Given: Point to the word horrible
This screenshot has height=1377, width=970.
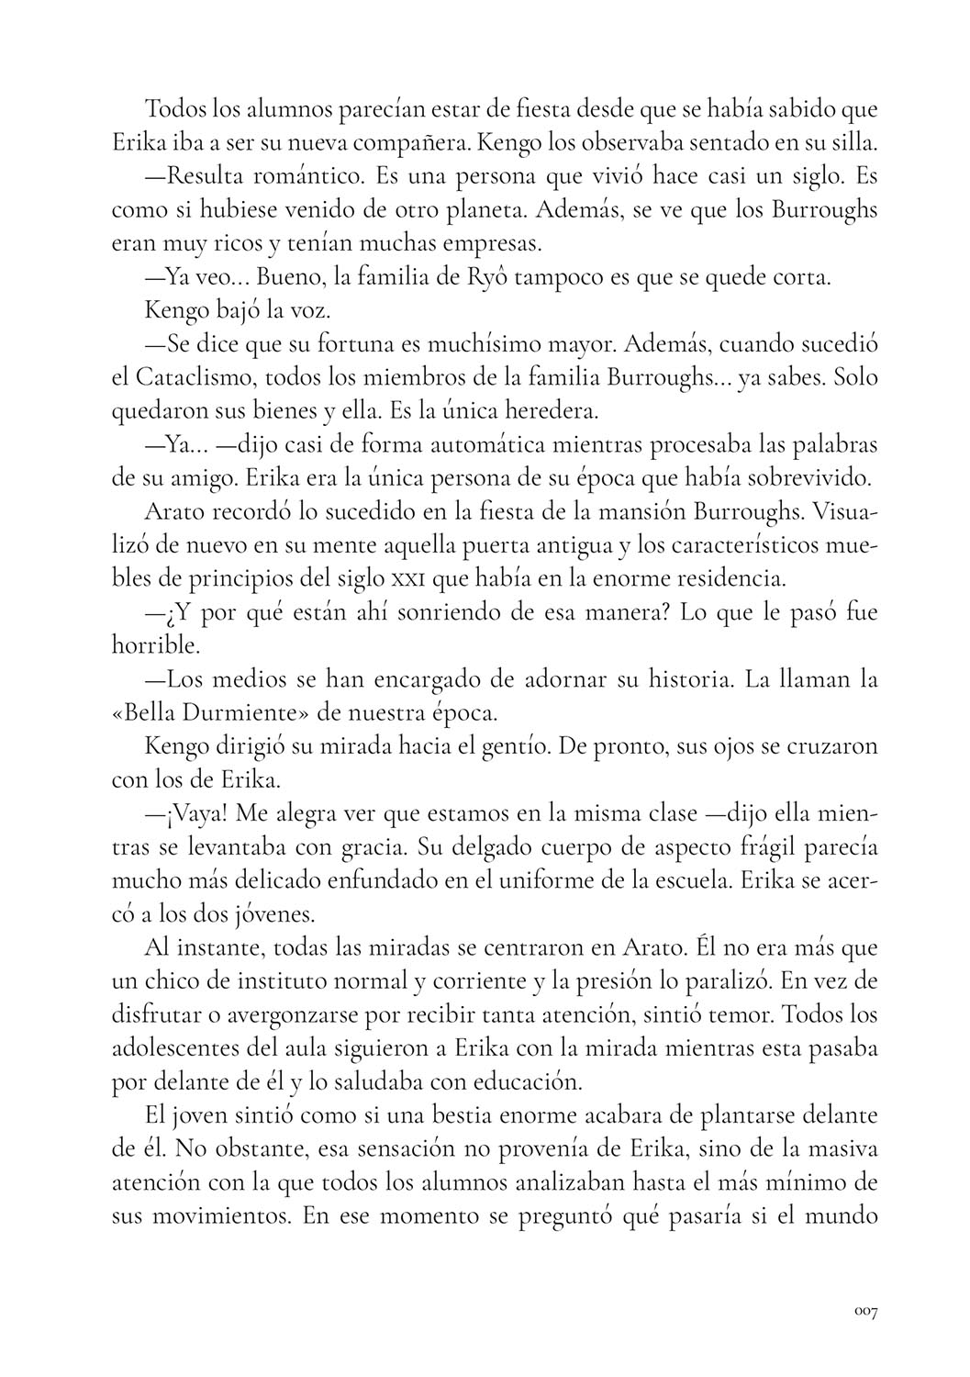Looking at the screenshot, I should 155,645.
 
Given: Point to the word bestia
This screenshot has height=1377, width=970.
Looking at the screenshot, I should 483,1116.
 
